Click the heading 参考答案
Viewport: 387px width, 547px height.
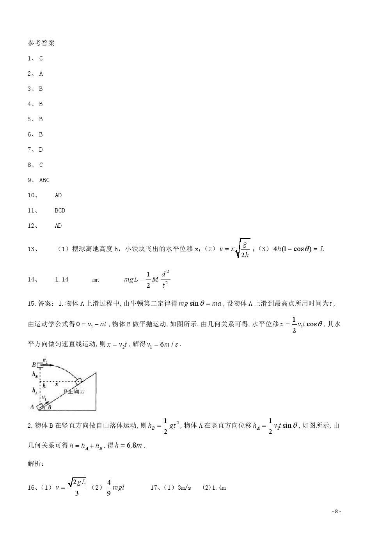click(x=41, y=43)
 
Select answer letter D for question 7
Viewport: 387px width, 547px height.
click(x=41, y=150)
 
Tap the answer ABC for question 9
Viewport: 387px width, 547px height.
click(x=44, y=180)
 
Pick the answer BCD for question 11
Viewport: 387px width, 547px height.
click(x=60, y=211)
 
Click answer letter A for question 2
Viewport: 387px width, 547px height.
click(x=41, y=74)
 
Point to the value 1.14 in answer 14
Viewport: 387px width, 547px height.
click(x=62, y=280)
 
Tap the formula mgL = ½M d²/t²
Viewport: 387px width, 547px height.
click(x=147, y=280)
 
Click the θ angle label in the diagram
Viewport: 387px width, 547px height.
click(x=49, y=407)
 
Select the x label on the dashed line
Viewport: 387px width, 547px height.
click(x=57, y=384)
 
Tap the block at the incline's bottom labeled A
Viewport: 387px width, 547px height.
click(x=41, y=407)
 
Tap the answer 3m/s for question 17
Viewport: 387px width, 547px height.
click(x=184, y=488)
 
